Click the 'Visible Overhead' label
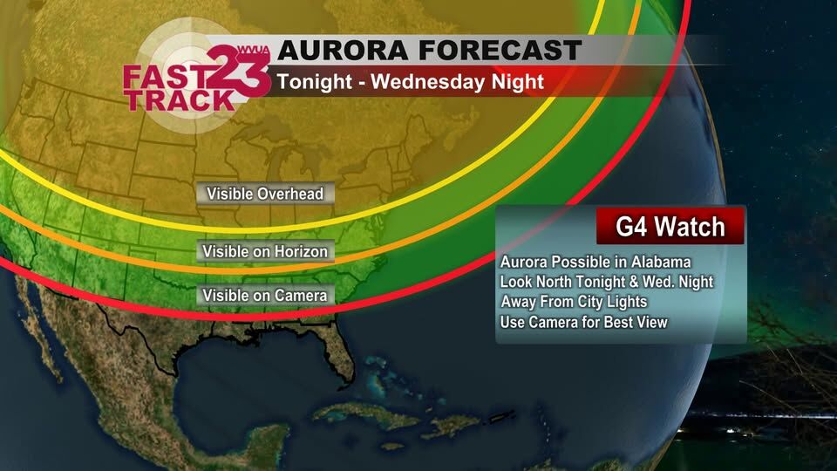tap(264, 194)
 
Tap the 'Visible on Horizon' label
tap(265, 252)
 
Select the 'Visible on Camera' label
tap(265, 296)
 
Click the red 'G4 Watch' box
tap(670, 228)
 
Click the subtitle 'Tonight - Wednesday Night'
tap(410, 83)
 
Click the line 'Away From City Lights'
tap(574, 302)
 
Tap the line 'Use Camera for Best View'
tap(584, 322)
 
